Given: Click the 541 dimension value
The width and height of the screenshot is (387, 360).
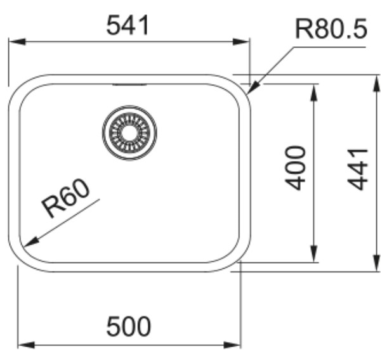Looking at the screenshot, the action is [128, 25].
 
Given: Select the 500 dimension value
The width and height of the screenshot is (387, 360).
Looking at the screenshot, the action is [128, 326].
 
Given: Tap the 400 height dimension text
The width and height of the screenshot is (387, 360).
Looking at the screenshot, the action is [295, 168].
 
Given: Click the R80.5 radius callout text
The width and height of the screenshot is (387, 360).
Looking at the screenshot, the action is [331, 29].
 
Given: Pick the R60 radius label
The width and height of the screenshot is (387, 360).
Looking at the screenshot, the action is [65, 198].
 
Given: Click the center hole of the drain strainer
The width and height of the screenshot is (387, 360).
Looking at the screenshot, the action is [129, 133].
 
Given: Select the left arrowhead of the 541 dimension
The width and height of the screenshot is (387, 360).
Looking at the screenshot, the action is [16, 42].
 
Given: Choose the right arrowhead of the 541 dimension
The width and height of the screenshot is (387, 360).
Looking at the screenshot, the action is [241, 42].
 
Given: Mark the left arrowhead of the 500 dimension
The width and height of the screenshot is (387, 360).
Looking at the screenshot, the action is [26, 345].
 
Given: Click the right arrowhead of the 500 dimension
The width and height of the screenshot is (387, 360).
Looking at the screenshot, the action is [232, 345].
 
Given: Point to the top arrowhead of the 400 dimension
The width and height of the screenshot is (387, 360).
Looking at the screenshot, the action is [313, 93].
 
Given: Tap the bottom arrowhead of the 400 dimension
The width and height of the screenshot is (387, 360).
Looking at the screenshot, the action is [313, 254].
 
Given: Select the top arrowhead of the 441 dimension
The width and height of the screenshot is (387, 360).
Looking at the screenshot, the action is [376, 83].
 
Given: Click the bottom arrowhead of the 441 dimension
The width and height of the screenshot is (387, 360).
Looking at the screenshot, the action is [376, 263].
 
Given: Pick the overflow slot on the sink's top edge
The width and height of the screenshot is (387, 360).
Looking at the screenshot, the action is [129, 85].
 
